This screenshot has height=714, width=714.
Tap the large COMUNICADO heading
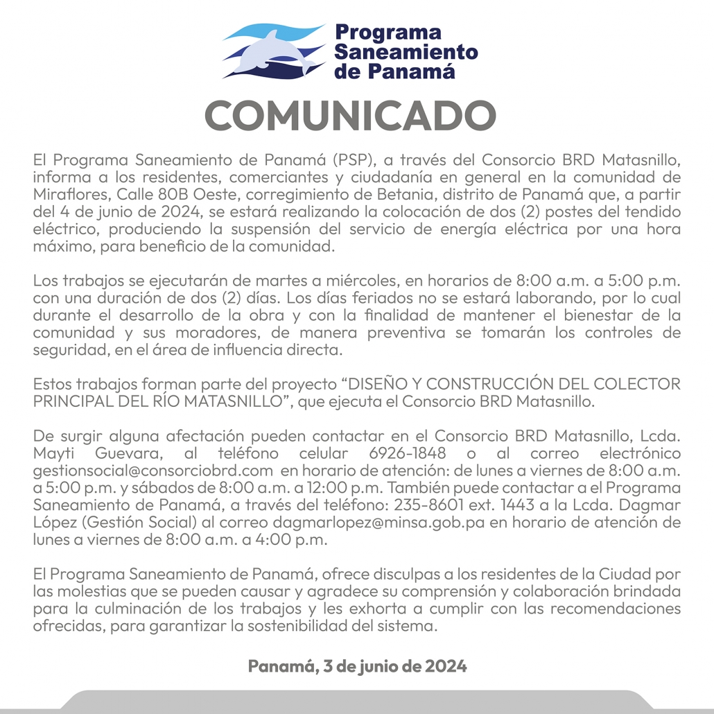(351, 115)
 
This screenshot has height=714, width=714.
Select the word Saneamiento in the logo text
(406, 51)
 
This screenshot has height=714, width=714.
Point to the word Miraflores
(65, 195)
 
